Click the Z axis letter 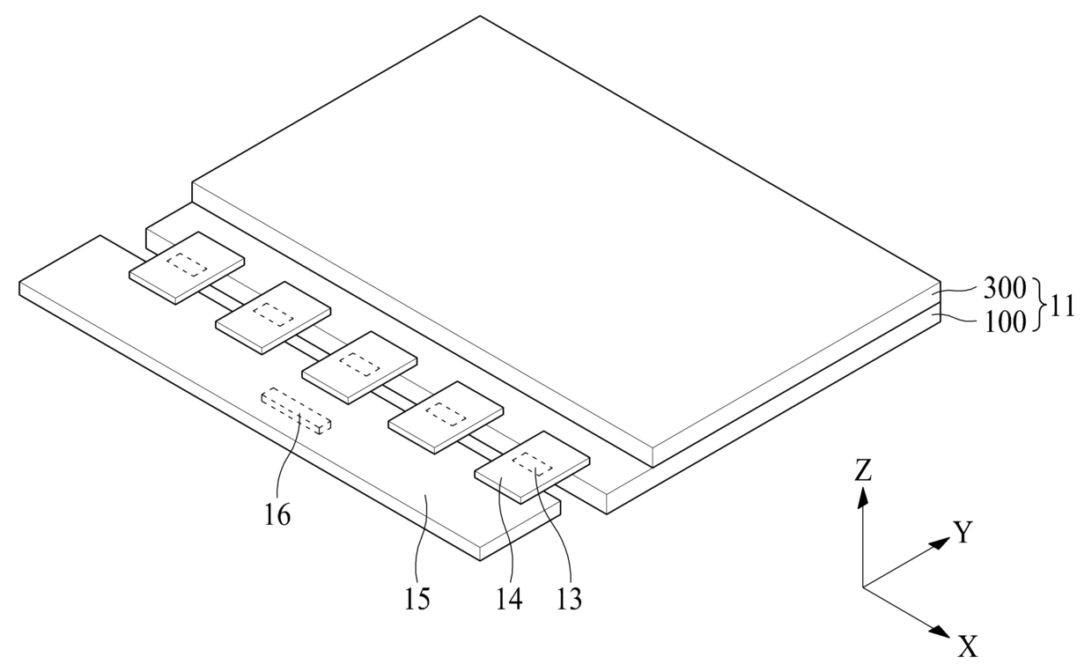click(863, 471)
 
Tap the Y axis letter click(963, 532)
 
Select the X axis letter click(968, 648)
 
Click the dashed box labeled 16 click(298, 411)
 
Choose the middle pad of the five click(359, 367)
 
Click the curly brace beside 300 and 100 click(1039, 305)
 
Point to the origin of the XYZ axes click(863, 587)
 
